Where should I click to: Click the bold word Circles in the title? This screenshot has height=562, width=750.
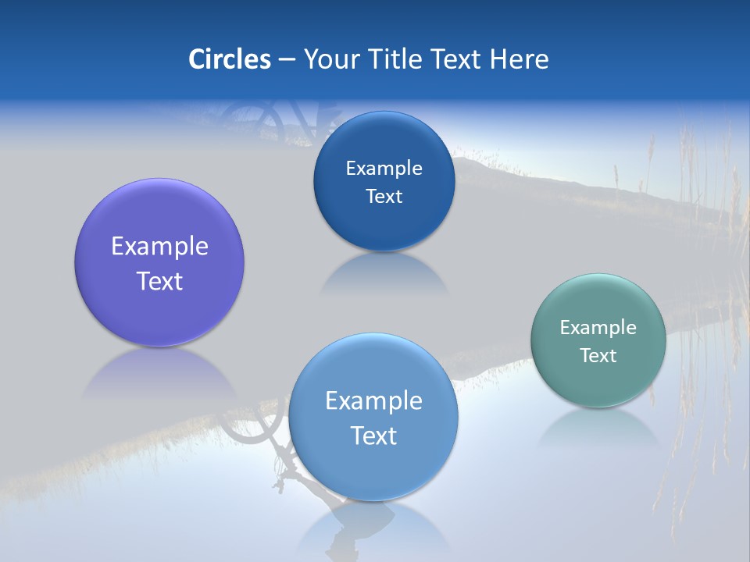(x=229, y=59)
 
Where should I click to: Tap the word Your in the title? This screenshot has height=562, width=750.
(x=328, y=59)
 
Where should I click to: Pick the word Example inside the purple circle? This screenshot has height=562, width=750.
(x=159, y=247)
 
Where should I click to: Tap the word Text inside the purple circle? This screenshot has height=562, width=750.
(x=159, y=281)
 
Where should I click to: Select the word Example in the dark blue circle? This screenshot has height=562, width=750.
(x=384, y=169)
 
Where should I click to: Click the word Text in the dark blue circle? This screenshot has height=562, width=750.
(x=384, y=197)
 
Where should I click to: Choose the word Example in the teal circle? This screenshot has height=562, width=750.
(x=598, y=328)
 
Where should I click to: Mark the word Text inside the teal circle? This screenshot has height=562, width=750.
(x=598, y=356)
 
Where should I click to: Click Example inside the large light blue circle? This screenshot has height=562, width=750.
(x=373, y=401)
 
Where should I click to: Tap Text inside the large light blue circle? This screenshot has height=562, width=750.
(x=373, y=436)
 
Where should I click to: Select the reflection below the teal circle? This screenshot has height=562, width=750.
(x=598, y=425)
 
